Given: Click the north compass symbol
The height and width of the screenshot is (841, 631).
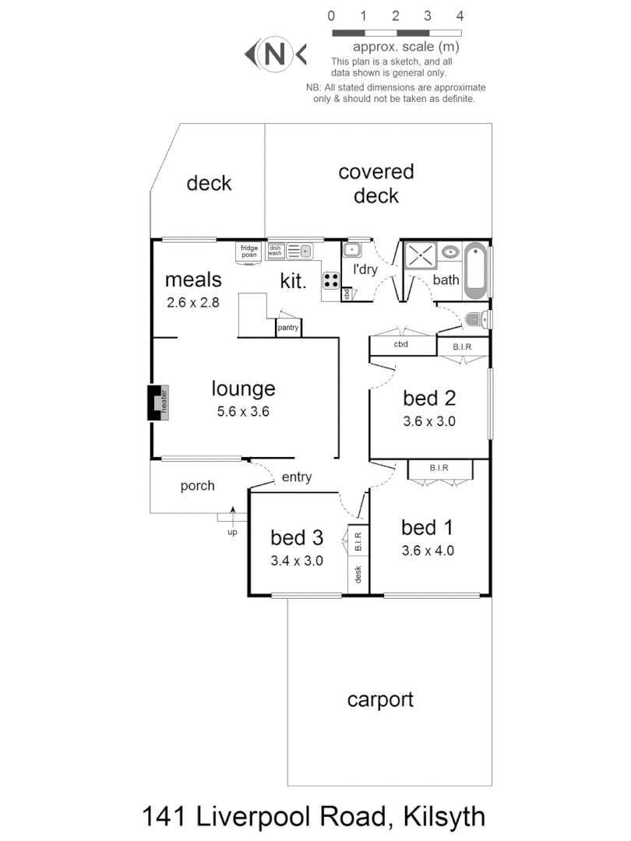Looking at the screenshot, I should tap(275, 55).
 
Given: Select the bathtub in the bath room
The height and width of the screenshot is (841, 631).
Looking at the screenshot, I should tap(476, 270).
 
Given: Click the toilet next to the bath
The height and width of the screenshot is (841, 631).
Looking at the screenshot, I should tap(478, 318).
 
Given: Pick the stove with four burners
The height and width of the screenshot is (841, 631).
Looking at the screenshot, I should tap(331, 280).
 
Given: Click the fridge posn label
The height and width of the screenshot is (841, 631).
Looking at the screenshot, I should tap(249, 252).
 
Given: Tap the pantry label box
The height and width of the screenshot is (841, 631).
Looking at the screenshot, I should tap(287, 328).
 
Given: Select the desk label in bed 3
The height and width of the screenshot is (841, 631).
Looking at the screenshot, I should tap(358, 575).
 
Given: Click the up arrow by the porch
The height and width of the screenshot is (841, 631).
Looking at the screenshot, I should tap(232, 516).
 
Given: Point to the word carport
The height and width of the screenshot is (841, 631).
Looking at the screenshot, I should tap(380, 699).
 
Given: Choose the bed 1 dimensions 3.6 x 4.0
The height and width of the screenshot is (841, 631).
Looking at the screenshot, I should tap(428, 551).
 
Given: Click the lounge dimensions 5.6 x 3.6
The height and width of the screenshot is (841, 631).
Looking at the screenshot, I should tap(243, 412).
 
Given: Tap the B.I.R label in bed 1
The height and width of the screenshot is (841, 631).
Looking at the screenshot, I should tap(439, 468).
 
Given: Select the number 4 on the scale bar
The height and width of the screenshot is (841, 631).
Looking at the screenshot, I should tap(460, 15).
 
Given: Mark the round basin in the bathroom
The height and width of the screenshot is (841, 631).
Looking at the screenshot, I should tap(450, 252).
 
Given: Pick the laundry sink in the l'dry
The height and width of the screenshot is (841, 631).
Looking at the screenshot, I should tap(352, 251).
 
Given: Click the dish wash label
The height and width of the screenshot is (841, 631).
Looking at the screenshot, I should tap(276, 250).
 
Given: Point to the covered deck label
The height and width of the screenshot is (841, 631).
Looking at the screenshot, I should tap(376, 183).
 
